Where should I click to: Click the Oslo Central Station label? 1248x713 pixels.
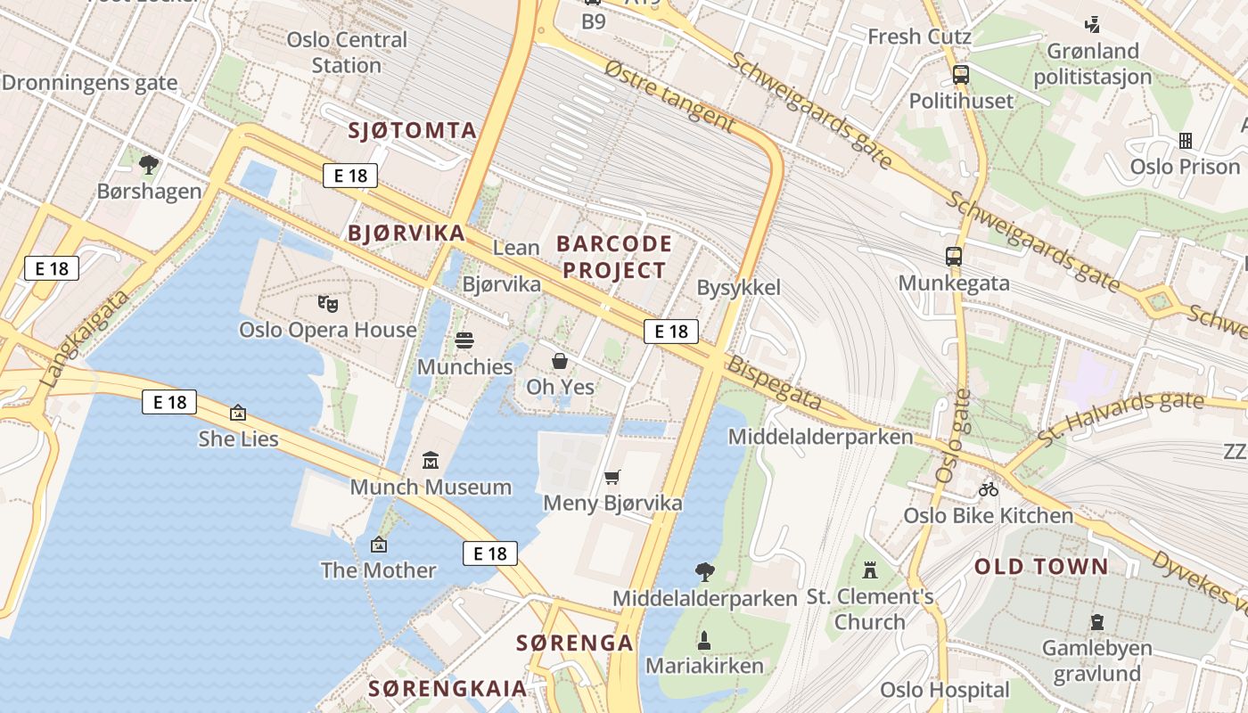tap(347, 53)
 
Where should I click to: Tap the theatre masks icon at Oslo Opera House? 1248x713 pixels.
tap(328, 304)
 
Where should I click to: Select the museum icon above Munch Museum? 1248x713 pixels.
tap(431, 461)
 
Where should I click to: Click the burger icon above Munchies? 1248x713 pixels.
tap(464, 340)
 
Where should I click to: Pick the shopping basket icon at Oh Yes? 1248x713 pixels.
tap(560, 361)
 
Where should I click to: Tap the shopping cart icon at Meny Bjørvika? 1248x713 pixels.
tap(612, 478)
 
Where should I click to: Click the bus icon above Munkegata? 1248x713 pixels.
tap(954, 257)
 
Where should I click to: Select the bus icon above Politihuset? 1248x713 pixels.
tap(961, 75)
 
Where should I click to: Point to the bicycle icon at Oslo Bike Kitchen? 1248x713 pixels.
tap(988, 489)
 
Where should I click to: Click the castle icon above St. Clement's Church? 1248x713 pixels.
tap(870, 570)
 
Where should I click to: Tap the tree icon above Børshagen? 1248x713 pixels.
tap(149, 164)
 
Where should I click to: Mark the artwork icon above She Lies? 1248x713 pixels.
tap(238, 413)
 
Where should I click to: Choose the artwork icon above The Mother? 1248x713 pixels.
tap(379, 544)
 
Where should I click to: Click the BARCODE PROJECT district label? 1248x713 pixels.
tap(614, 257)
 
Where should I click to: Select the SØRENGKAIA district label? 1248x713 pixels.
tap(447, 688)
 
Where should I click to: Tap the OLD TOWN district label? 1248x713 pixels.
tap(1041, 567)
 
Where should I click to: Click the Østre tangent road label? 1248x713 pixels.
tap(669, 97)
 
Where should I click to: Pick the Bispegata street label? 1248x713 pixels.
tap(774, 384)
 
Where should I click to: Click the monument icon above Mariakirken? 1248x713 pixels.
tap(704, 640)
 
